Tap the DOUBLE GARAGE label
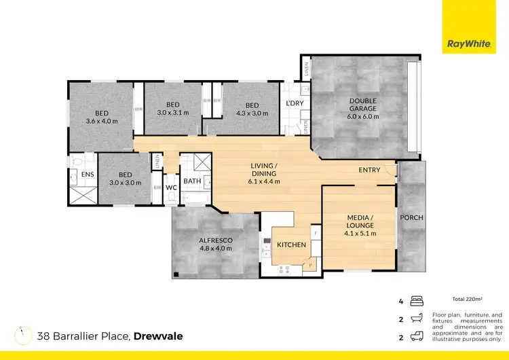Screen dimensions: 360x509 point(363,109)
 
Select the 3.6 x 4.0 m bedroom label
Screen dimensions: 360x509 point(102,117)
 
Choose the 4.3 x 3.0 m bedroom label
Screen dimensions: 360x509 point(252,109)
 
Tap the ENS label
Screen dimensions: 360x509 point(88,175)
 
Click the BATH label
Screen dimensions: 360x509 point(191,181)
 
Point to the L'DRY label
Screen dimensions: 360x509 point(295,103)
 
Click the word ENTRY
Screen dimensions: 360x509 point(369,170)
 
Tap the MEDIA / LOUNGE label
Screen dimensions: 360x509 point(359,224)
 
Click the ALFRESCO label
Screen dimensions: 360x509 point(215,244)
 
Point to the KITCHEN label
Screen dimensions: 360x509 point(291,245)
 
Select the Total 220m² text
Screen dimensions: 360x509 point(468,299)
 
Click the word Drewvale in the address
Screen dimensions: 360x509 point(158,336)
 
